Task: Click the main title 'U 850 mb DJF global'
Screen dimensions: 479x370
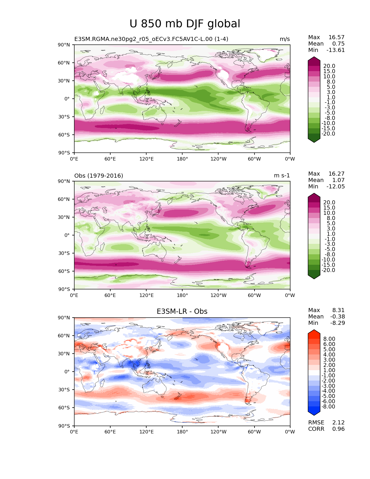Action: coord(185,24)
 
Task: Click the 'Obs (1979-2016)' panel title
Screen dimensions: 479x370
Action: coord(99,176)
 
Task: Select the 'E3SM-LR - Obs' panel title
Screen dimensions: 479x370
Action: coord(182,311)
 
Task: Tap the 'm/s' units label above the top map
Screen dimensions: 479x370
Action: coord(285,39)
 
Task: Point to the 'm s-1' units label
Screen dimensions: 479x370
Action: coord(282,176)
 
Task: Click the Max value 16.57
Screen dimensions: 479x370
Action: coord(336,37)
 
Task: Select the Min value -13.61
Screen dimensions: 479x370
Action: coord(335,50)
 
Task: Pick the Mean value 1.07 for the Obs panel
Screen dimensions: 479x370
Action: coord(338,180)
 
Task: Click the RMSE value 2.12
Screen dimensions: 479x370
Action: coord(338,423)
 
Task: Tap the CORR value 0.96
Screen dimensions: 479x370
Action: coord(338,429)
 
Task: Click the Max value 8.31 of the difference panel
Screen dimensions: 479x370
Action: coord(338,310)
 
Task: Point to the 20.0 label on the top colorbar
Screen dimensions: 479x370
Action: coord(329,66)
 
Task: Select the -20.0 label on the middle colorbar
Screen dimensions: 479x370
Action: coord(328,270)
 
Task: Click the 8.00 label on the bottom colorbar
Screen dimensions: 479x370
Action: coord(329,339)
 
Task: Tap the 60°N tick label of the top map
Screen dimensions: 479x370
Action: coord(65,63)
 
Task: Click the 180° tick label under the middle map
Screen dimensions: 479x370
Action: coord(182,296)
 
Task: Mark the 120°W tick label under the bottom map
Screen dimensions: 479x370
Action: coord(219,432)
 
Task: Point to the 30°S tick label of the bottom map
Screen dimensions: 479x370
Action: coord(65,390)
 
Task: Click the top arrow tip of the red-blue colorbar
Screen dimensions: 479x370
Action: coord(314,330)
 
